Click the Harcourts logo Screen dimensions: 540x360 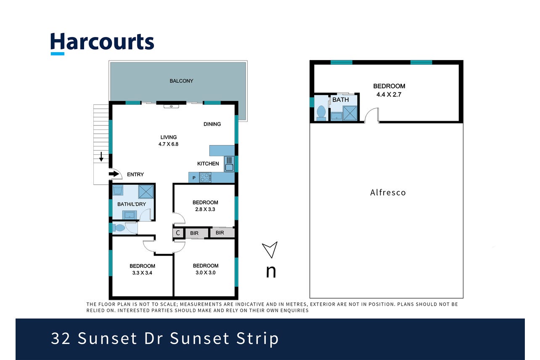[x=102, y=44]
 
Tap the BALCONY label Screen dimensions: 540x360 [x=181, y=81]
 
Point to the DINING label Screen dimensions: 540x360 [x=212, y=124]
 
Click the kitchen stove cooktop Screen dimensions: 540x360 [x=205, y=177]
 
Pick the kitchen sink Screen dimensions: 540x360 [x=229, y=164]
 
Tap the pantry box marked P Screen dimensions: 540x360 [x=194, y=178]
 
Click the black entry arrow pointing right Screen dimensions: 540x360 [x=114, y=174]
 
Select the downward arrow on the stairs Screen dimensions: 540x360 [x=101, y=157]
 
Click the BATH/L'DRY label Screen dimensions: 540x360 [x=132, y=204]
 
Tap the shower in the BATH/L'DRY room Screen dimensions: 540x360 [x=146, y=192]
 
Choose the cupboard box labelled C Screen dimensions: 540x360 [x=178, y=233]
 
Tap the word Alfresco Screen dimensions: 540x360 [x=388, y=193]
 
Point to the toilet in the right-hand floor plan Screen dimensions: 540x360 [x=321, y=113]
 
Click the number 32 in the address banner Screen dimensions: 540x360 [x=61, y=338]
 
